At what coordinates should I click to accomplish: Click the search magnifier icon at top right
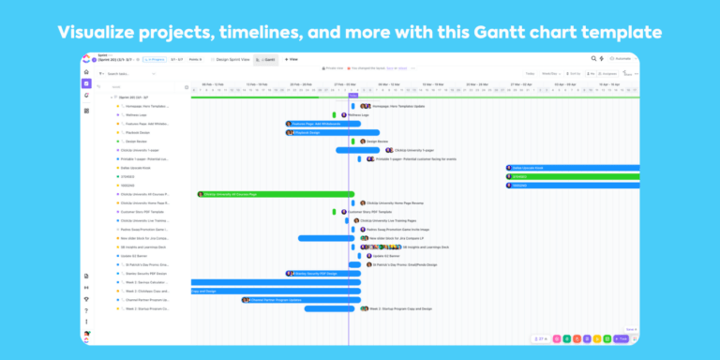tap(593, 58)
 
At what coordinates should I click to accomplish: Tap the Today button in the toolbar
tap(530, 73)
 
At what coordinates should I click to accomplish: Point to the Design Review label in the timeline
tap(375, 142)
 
